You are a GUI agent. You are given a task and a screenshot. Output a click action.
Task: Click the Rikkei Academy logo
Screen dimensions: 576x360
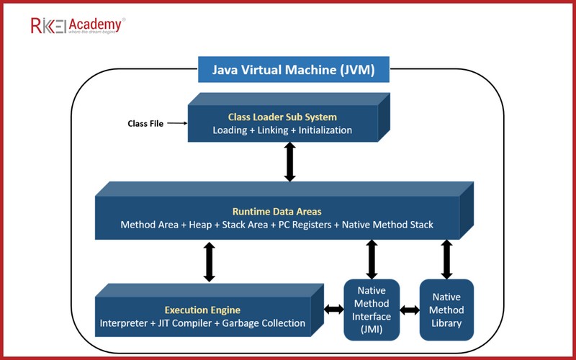point(78,25)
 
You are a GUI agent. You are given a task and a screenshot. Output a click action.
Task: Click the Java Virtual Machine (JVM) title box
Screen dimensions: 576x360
point(294,69)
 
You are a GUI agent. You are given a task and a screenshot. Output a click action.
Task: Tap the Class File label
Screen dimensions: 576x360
point(145,123)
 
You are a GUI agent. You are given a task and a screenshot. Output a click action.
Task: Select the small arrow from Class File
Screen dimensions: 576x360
point(177,123)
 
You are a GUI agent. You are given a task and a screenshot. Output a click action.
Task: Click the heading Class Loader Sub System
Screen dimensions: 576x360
point(282,117)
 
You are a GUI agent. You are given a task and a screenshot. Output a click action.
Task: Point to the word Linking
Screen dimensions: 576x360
point(273,130)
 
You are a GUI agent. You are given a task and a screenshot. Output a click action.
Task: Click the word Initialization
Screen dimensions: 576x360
point(325,130)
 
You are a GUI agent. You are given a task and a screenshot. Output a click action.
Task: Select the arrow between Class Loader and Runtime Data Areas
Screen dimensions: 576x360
point(290,161)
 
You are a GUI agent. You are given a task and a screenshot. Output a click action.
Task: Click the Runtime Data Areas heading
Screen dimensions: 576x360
point(277,212)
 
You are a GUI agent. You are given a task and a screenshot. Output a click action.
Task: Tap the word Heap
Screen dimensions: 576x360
point(200,225)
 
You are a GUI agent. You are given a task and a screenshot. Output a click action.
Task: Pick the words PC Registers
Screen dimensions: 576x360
point(305,225)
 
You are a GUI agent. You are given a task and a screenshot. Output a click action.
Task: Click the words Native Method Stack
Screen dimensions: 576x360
point(387,225)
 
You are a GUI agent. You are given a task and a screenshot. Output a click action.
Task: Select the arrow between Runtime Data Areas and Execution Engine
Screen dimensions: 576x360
point(209,262)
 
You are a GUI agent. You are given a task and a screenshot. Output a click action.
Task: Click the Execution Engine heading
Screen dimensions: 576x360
point(202,310)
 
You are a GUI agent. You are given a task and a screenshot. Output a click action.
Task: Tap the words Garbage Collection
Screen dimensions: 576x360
point(264,323)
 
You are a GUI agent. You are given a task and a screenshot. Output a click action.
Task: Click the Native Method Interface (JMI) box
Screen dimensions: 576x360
point(372,310)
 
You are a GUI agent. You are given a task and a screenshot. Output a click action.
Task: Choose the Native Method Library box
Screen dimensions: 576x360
point(446,310)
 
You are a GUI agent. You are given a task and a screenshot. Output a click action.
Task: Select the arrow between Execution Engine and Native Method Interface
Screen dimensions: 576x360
point(333,310)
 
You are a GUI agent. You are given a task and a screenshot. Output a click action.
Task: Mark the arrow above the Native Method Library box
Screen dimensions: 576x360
point(446,259)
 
